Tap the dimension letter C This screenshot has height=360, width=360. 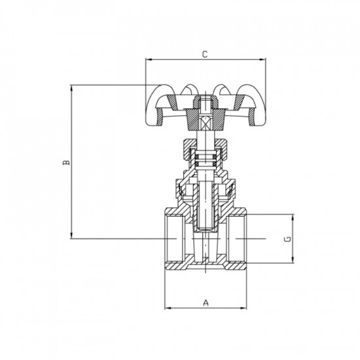pyautogui.click(x=205, y=54)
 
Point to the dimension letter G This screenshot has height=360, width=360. pyautogui.click(x=288, y=239)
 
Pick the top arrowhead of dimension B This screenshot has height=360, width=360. pyautogui.click(x=71, y=86)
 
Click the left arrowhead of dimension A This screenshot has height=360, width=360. pyautogui.click(x=165, y=308)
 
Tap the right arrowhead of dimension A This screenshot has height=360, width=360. pyautogui.click(x=247, y=308)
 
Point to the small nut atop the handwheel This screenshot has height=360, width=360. pyautogui.click(x=205, y=102)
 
